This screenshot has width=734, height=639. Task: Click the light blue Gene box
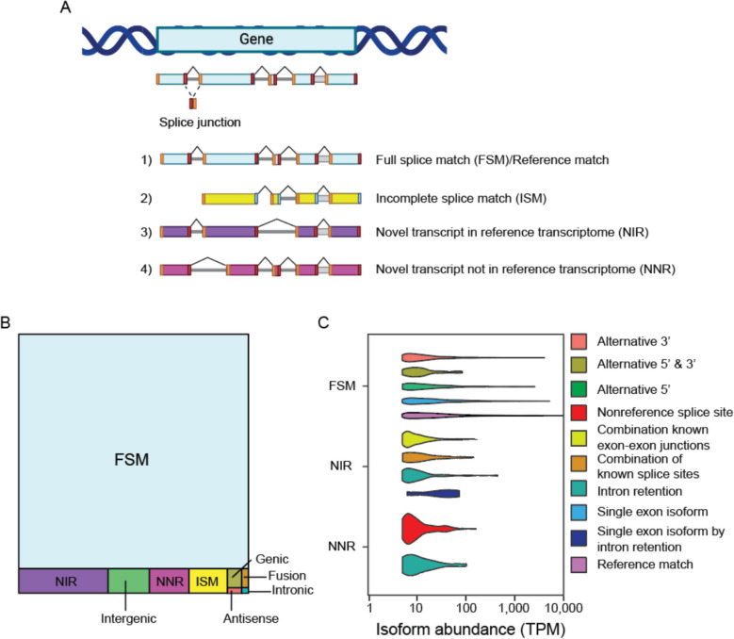pyautogui.click(x=256, y=40)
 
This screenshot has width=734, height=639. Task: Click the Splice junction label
pyautogui.click(x=200, y=123)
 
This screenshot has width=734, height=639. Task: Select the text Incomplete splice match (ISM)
pyautogui.click(x=461, y=199)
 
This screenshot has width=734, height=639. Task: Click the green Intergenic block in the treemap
pyautogui.click(x=129, y=581)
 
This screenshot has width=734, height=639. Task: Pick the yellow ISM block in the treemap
pyautogui.click(x=208, y=581)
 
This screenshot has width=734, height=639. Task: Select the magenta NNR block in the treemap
pyautogui.click(x=170, y=581)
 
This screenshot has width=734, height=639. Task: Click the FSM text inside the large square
pyautogui.click(x=132, y=459)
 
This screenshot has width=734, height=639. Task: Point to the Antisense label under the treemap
pyautogui.click(x=251, y=618)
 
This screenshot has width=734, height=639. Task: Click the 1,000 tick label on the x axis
pyautogui.click(x=514, y=608)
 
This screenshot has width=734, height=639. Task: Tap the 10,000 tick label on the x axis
pyautogui.click(x=563, y=608)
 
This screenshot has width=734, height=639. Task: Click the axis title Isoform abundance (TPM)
pyautogui.click(x=470, y=629)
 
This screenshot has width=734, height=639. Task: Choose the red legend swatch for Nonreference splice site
pyautogui.click(x=579, y=413)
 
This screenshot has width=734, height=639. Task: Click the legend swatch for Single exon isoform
pyautogui.click(x=579, y=512)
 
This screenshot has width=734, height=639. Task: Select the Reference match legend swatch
pyautogui.click(x=579, y=565)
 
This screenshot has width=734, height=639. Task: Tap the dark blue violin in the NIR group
pyautogui.click(x=433, y=494)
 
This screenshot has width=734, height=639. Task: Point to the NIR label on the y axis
pyautogui.click(x=340, y=467)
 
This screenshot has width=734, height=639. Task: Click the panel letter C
pyautogui.click(x=323, y=322)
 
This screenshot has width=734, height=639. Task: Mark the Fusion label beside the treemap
pyautogui.click(x=287, y=575)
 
